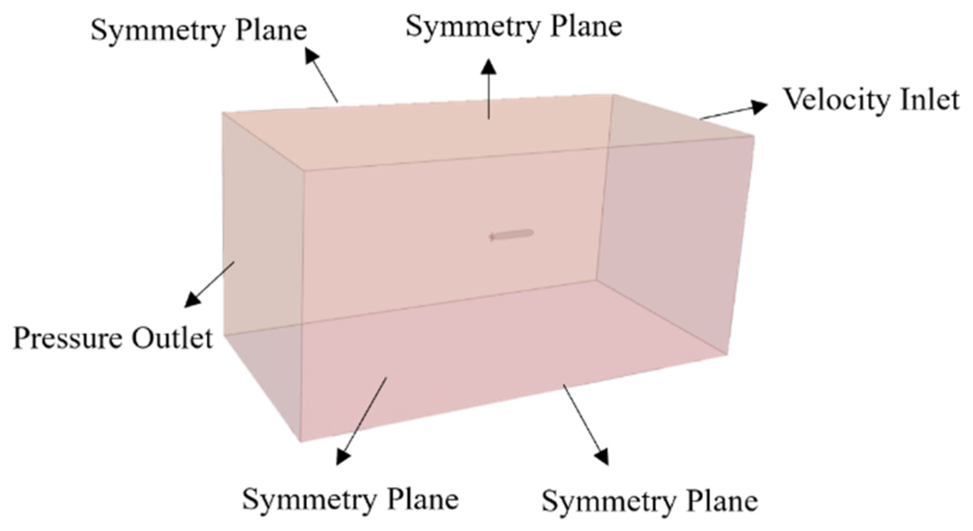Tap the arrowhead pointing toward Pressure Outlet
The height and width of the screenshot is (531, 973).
(191, 300)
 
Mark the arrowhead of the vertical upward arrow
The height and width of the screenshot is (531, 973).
(488, 67)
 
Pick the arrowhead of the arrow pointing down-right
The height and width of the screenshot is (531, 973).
(602, 457)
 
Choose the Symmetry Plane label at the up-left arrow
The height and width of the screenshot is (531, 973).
(199, 31)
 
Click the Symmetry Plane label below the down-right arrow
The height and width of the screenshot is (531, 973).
(649, 501)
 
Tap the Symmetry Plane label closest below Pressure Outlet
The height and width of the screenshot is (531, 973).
(350, 499)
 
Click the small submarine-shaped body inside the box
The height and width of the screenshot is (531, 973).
(512, 234)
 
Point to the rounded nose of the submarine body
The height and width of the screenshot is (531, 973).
(531, 233)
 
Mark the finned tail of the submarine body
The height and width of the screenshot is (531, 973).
(493, 236)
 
